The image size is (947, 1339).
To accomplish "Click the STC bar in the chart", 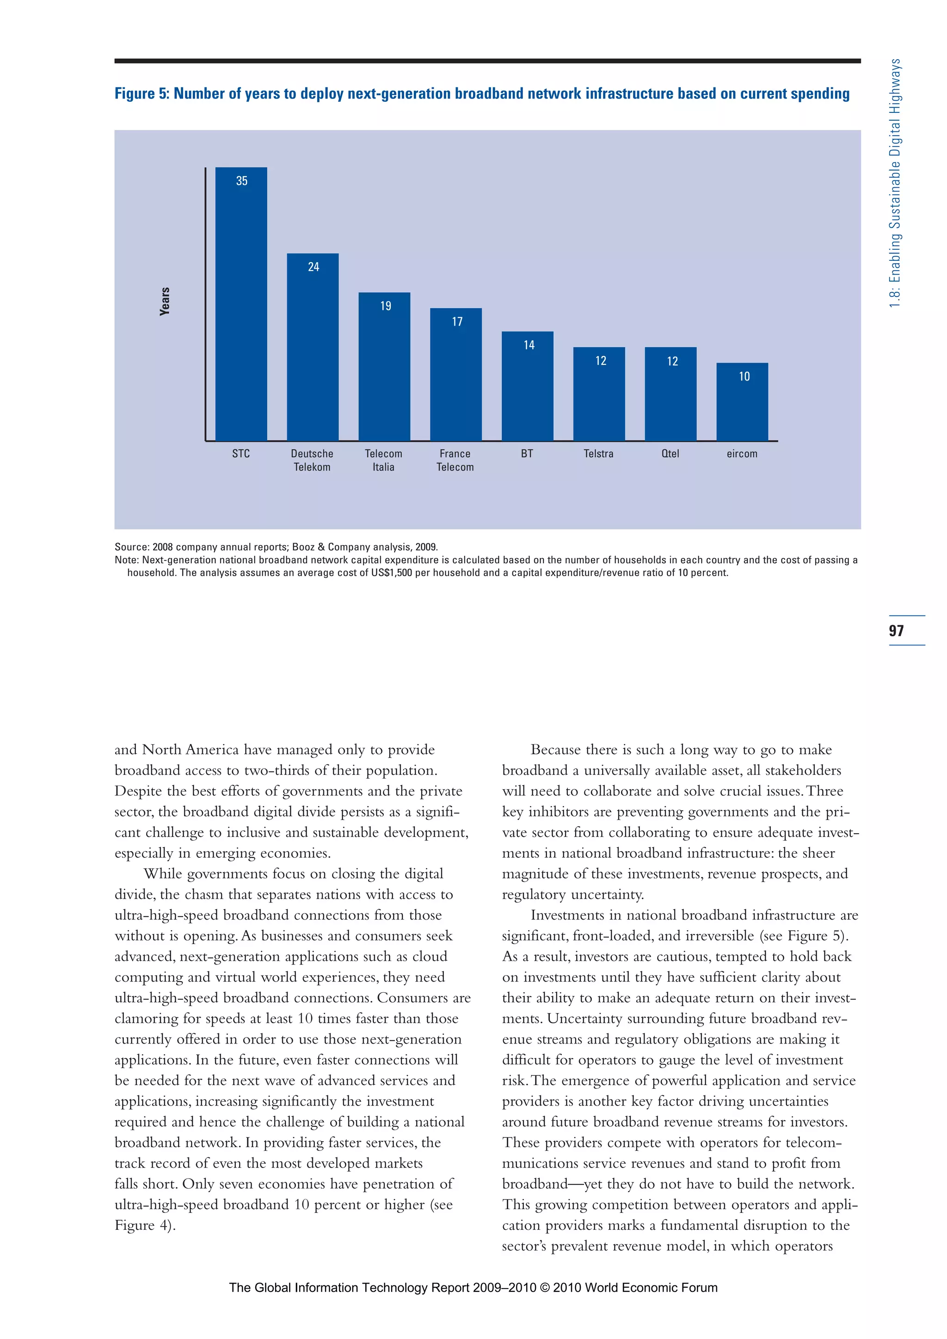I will [241, 303].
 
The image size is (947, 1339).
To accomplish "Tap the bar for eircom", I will [742, 402].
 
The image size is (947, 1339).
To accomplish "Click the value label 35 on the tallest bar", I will [241, 181].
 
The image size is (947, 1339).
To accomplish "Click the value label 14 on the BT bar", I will [529, 344].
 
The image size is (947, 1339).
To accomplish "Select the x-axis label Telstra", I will [598, 454].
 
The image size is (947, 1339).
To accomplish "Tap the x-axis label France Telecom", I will [455, 460].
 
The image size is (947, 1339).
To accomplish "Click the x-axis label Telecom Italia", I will [383, 460].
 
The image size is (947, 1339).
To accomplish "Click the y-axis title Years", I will [165, 301].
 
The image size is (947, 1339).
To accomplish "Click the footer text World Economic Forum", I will [651, 1288].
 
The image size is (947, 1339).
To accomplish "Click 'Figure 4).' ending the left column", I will [145, 1225].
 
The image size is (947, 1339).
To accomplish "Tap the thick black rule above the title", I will [487, 61].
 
